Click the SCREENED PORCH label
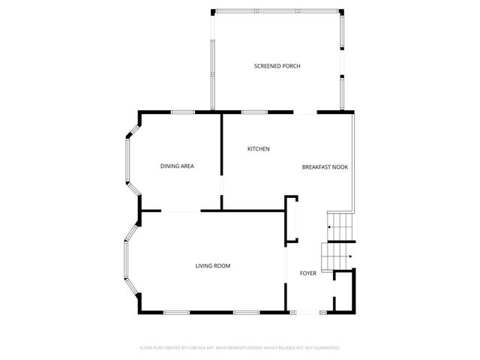point(277,67)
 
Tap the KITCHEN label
point(259,149)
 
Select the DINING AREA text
point(177,166)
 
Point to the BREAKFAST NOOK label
point(325,166)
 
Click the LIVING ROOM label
point(212,265)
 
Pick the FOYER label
point(308,273)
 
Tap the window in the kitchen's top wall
point(255,112)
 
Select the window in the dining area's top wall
point(182,112)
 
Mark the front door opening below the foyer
point(307,312)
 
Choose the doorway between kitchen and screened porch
point(304,112)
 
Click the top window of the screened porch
point(277,10)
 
